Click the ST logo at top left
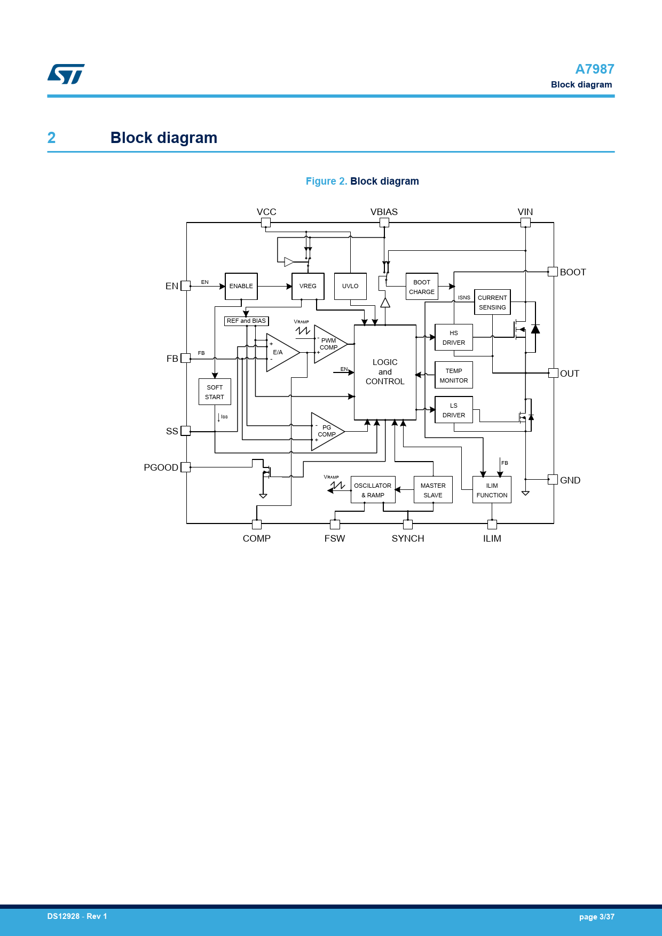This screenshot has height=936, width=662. (x=66, y=74)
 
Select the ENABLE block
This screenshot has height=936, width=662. (x=241, y=287)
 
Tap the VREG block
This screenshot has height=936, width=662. (x=308, y=287)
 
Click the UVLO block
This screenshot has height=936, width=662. (x=350, y=287)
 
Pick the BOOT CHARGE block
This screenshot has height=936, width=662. (x=422, y=287)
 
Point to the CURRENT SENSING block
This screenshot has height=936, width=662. (x=492, y=303)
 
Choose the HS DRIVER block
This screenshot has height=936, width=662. (x=454, y=338)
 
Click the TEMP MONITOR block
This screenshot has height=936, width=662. (x=454, y=376)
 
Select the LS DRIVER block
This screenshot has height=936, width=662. (x=454, y=410)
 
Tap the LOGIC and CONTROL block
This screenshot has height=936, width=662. (x=385, y=372)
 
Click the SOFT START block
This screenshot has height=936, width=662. (x=215, y=392)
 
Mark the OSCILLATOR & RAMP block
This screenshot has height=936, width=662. (x=373, y=490)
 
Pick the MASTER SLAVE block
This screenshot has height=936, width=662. (x=433, y=490)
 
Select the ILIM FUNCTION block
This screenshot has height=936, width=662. (x=492, y=490)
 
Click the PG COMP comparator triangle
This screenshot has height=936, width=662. (x=326, y=431)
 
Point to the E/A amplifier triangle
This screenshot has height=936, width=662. (x=280, y=352)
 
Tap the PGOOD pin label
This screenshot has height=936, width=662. (x=161, y=467)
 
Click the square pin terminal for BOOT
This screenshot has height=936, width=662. (x=553, y=272)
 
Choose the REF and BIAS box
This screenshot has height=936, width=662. (x=246, y=321)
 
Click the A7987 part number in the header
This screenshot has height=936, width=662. (x=594, y=69)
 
